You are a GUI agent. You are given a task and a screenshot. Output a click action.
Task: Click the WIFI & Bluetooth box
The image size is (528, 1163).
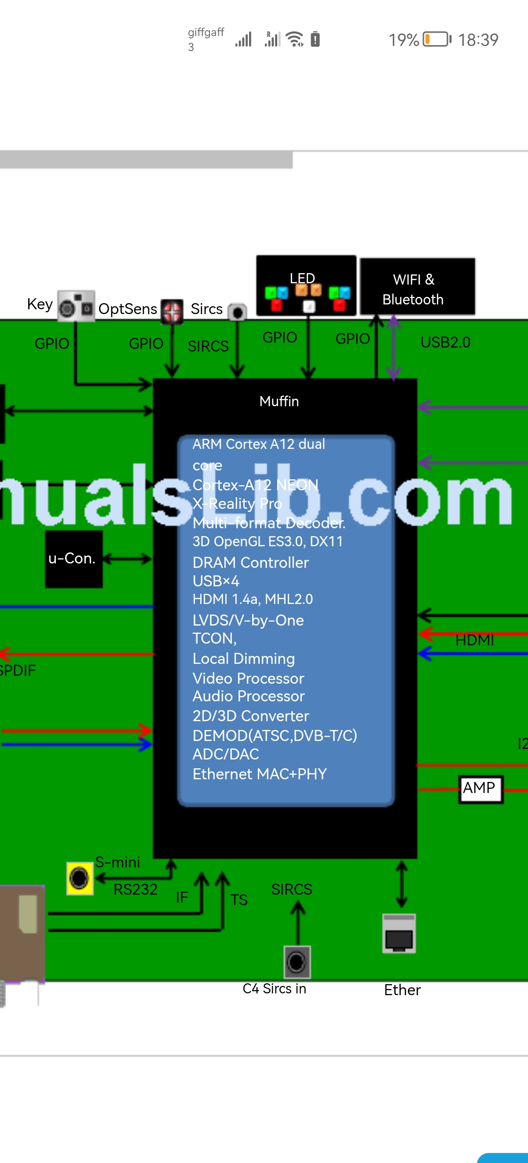(417, 288)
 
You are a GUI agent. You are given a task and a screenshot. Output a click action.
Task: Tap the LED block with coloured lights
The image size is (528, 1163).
(306, 286)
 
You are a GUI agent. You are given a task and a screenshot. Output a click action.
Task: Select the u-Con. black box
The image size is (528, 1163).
(73, 559)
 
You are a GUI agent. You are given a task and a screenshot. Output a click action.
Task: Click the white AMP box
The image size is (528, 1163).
(480, 789)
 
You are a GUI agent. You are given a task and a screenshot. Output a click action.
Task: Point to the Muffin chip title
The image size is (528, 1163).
(279, 401)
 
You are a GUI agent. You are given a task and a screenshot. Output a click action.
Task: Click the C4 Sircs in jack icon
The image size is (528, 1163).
(297, 961)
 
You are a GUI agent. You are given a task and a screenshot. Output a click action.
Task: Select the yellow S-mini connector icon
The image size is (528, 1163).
(80, 878)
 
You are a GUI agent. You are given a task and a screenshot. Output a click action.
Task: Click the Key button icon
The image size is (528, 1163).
(76, 306)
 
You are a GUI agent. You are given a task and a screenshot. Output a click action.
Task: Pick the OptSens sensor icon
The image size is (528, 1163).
(172, 311)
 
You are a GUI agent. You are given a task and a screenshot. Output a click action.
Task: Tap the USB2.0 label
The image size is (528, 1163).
(445, 343)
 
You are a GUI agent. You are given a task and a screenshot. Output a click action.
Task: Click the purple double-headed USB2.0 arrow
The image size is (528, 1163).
(393, 347)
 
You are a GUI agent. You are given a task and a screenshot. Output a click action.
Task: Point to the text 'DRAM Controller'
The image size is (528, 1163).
(250, 563)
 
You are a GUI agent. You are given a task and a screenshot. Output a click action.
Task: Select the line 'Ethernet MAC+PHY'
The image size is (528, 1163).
(259, 774)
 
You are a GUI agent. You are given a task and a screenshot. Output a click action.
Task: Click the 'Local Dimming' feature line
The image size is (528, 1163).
(243, 659)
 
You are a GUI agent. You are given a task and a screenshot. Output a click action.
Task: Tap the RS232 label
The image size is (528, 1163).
(135, 889)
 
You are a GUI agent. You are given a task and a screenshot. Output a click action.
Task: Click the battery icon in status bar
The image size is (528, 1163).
(436, 39)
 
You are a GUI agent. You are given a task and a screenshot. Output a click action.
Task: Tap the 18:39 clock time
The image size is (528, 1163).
(478, 40)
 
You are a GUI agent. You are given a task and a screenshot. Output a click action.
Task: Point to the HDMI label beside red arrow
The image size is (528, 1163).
(474, 640)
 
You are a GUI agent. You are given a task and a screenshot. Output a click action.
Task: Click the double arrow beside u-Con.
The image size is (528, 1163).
(127, 559)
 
